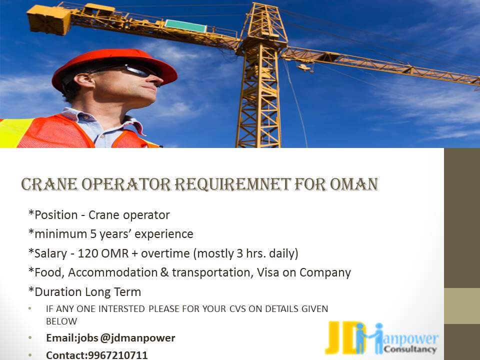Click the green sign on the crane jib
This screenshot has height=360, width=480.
click(x=185, y=26)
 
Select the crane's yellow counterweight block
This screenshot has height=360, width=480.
click(x=49, y=20)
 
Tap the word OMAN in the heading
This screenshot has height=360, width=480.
click(x=354, y=184)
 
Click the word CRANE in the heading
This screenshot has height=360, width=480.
click(x=49, y=184)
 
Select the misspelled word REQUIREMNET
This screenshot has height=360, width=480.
click(x=232, y=184)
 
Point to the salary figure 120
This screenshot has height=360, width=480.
click(x=87, y=253)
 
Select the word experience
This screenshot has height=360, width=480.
click(x=164, y=234)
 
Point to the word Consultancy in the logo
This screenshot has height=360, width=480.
click(x=410, y=349)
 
